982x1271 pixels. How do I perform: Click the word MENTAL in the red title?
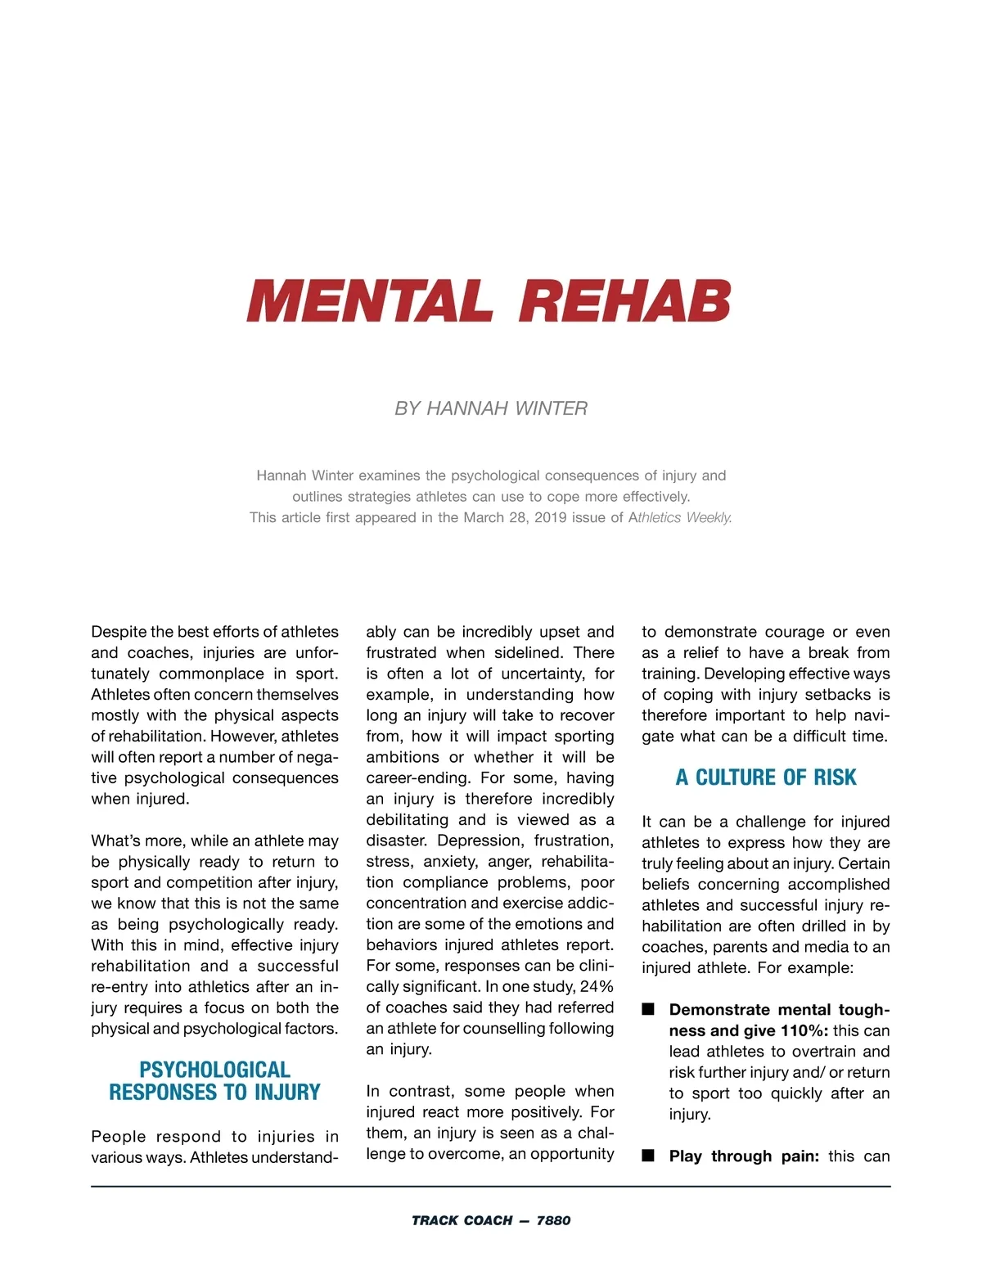coord(370,301)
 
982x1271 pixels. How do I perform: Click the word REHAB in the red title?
coord(624,301)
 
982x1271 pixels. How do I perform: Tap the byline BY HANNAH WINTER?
coord(491,408)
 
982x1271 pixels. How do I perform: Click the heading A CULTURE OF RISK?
coord(766,777)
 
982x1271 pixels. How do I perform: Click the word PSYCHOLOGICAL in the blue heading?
coord(214,1070)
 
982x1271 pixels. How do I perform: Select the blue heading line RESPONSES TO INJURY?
coord(214,1093)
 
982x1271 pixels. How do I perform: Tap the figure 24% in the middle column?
coord(597,986)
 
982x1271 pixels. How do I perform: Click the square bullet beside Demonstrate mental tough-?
coord(648,1009)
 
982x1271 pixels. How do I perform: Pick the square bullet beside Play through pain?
coord(648,1156)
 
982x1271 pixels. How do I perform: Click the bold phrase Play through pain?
coord(744,1156)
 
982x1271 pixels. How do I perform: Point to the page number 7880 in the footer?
coord(553,1220)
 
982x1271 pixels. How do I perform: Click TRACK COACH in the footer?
coord(462,1220)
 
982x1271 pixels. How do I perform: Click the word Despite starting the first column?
coord(119,632)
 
